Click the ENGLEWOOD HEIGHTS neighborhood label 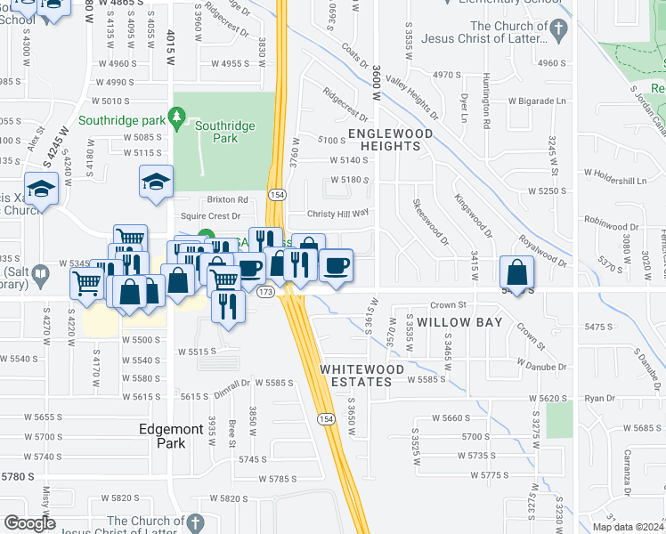(389, 140)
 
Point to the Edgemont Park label (170, 435)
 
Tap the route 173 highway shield (264, 291)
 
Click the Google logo (29, 523)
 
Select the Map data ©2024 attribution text (617, 527)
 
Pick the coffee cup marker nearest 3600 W (335, 265)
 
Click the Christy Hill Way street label (337, 214)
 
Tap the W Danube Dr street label (541, 366)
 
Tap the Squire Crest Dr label (211, 216)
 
